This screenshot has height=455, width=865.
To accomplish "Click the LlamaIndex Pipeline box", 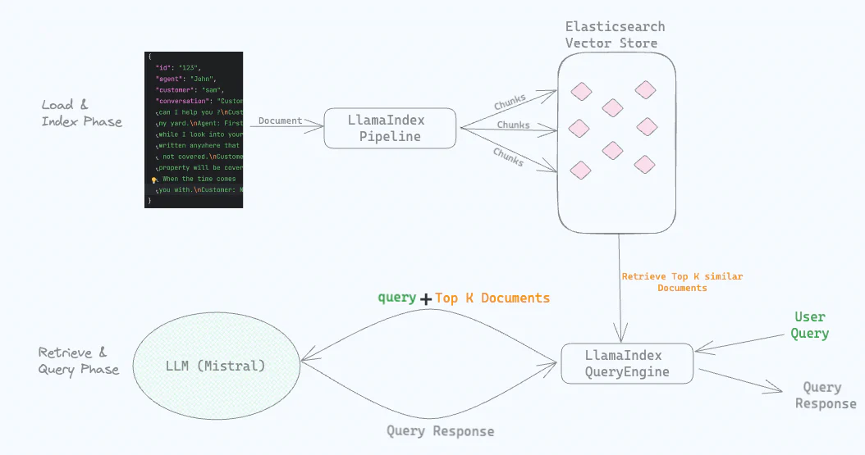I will (x=390, y=129).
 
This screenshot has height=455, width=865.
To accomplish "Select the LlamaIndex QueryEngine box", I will (x=627, y=363).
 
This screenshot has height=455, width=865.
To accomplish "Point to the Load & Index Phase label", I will (x=81, y=113).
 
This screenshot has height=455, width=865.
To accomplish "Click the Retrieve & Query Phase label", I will (x=78, y=361).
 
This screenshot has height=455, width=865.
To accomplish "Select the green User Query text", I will (x=810, y=325).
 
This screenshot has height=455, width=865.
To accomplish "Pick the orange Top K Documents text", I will (x=492, y=298).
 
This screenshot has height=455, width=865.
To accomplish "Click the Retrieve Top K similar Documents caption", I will (x=682, y=282).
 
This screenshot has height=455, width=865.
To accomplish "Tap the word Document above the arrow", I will (x=281, y=121).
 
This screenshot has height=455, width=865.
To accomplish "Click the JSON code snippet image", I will (x=194, y=130).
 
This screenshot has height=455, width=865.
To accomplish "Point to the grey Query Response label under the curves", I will (x=441, y=431).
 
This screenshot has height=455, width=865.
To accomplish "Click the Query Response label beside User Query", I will (x=824, y=395).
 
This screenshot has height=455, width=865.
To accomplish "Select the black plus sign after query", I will (x=426, y=299).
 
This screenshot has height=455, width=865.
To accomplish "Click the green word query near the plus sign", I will (x=396, y=297).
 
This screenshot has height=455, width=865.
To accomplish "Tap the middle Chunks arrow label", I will (x=513, y=125).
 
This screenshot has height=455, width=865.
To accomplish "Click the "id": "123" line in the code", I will (x=178, y=67).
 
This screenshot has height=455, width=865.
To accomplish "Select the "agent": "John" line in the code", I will (x=181, y=79).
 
